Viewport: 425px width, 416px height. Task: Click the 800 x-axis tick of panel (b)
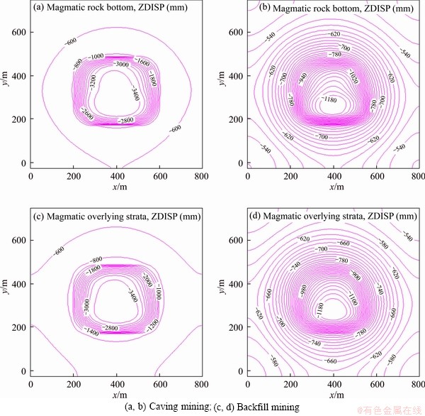tap(418, 174)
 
